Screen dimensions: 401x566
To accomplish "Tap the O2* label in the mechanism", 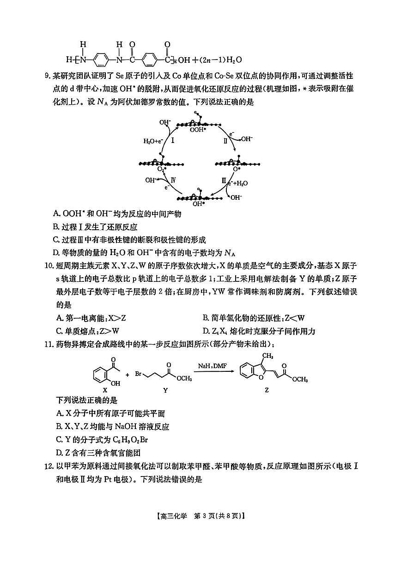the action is [x=162, y=169].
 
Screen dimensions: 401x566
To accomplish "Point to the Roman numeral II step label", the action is [x=225, y=142].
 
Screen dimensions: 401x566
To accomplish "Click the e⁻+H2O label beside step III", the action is [x=238, y=183].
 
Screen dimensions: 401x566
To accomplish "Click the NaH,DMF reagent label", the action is [x=211, y=365].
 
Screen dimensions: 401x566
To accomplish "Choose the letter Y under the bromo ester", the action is [x=165, y=389].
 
